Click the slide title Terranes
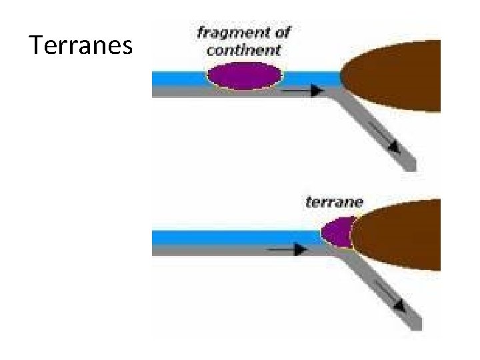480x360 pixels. [82, 45]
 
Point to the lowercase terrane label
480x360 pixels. [334, 201]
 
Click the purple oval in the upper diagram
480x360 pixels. [243, 75]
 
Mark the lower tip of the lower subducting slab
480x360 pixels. [414, 325]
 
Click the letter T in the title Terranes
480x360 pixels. [37, 45]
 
